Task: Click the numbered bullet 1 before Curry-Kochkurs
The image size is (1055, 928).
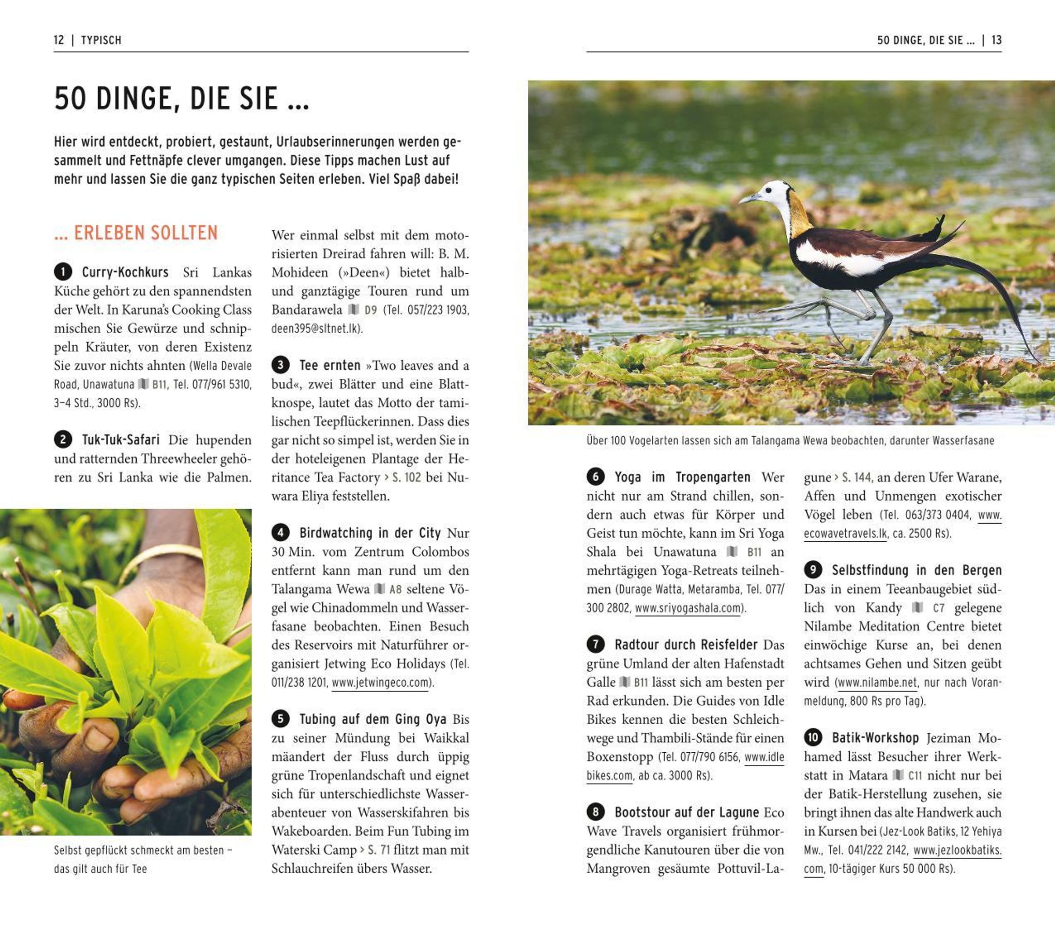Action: tap(63, 272)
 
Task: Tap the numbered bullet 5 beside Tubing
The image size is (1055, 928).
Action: tap(280, 718)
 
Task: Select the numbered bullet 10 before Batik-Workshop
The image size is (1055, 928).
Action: tap(813, 738)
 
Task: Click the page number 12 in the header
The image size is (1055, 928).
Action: tap(59, 40)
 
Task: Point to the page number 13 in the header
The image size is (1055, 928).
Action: tap(996, 40)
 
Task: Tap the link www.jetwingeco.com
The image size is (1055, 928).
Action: tap(380, 682)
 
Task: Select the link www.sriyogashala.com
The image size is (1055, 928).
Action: tap(688, 608)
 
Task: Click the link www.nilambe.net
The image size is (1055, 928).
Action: tap(877, 682)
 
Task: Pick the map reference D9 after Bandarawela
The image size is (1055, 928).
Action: tap(371, 310)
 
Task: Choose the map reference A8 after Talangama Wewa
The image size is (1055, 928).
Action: tap(395, 589)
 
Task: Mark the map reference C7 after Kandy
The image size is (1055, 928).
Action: tap(939, 608)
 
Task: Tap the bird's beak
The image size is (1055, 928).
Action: tap(749, 198)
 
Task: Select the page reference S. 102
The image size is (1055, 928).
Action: tap(406, 478)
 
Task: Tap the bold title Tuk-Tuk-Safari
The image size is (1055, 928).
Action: tap(121, 440)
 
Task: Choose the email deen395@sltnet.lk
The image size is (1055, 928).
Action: tap(317, 329)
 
